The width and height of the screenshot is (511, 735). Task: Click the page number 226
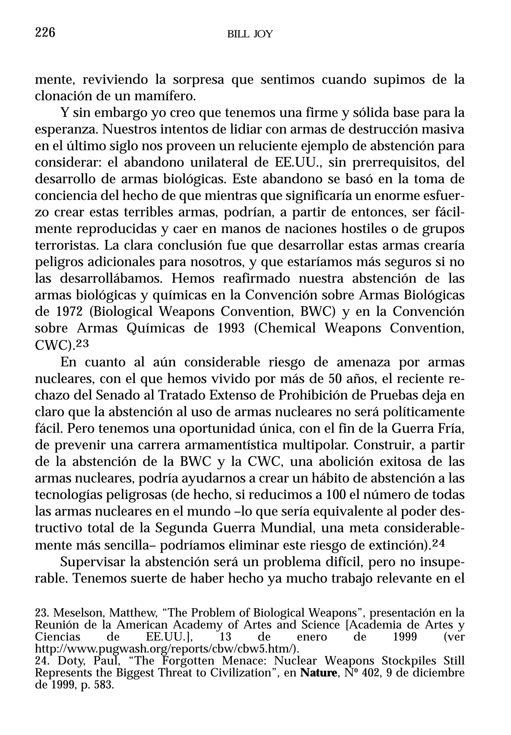[45, 33]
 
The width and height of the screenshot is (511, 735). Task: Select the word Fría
[451, 429]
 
